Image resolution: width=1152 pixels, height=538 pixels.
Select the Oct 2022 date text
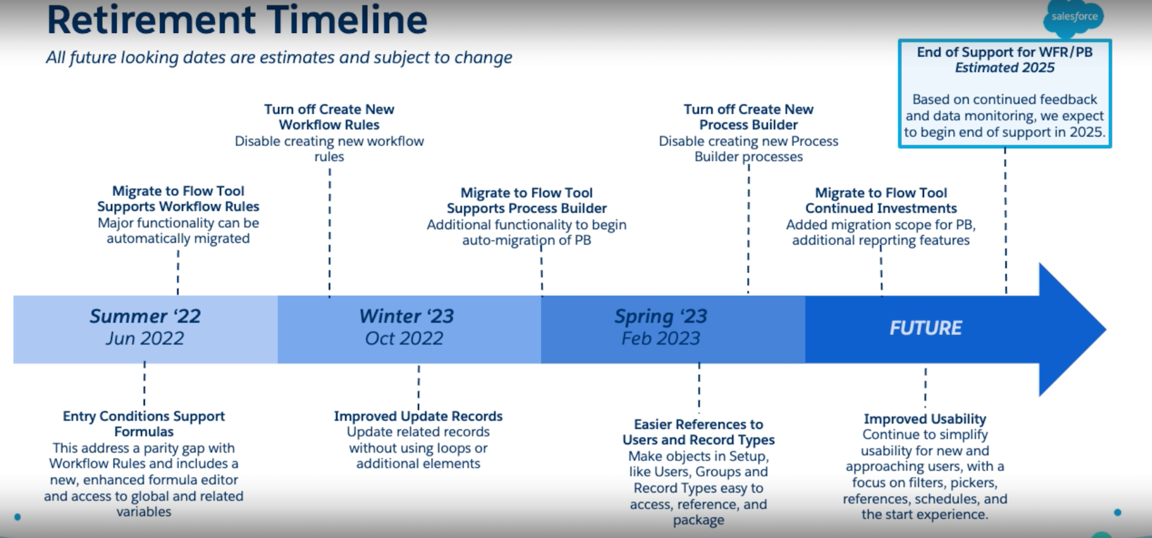404,338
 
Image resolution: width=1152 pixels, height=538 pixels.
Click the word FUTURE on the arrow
925,328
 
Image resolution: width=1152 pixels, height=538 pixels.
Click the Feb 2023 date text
661,338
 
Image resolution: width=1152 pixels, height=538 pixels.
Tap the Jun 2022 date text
145,338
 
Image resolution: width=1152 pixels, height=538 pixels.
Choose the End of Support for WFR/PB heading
1004,52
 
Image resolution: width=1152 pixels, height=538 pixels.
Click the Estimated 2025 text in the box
1004,68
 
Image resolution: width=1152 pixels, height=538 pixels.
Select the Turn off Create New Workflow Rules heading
329,117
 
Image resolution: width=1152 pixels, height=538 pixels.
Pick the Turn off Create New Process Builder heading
749,117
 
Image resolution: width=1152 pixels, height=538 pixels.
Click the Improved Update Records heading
418,416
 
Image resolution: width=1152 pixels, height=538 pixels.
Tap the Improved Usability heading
925,419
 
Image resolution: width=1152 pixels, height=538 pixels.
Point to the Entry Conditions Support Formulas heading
144,423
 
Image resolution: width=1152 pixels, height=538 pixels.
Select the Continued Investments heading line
881,208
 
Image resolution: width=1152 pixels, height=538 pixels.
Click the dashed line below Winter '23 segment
418,387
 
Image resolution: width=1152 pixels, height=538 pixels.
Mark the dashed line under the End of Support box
1005,219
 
